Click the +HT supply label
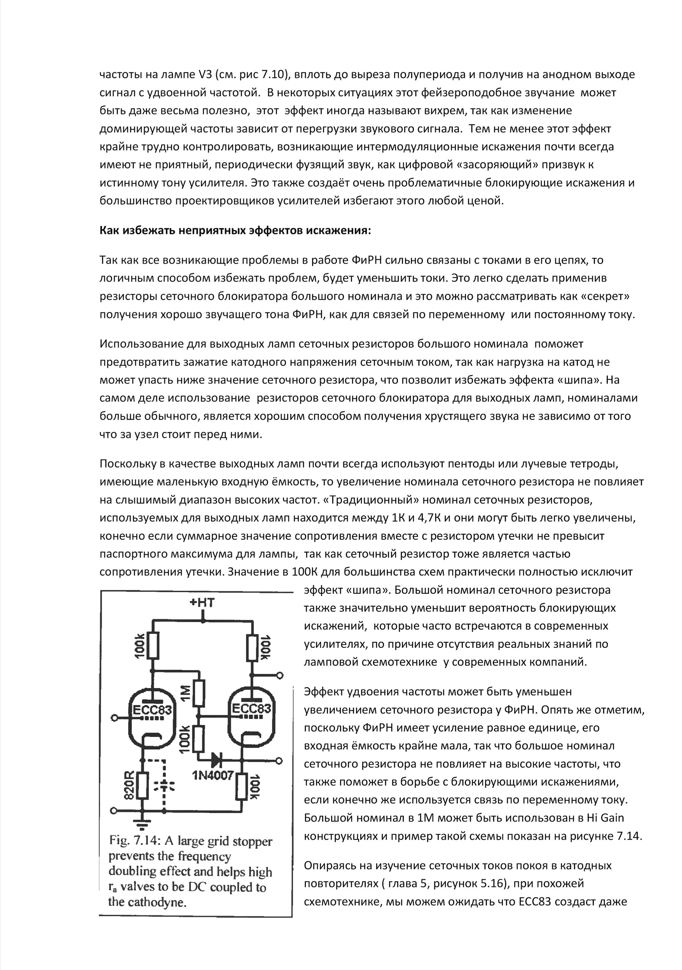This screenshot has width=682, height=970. [x=202, y=602]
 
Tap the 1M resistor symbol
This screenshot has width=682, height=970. [x=198, y=693]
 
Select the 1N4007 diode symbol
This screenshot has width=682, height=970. [x=216, y=760]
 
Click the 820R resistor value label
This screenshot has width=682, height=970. [x=129, y=785]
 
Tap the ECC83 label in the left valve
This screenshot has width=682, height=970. [x=152, y=710]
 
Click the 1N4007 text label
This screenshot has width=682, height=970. [x=213, y=775]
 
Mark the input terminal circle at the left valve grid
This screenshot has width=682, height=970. [x=114, y=717]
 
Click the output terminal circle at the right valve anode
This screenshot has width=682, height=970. [x=280, y=675]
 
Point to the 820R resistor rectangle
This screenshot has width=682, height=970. [x=143, y=785]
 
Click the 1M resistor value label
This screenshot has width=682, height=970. [x=185, y=693]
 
